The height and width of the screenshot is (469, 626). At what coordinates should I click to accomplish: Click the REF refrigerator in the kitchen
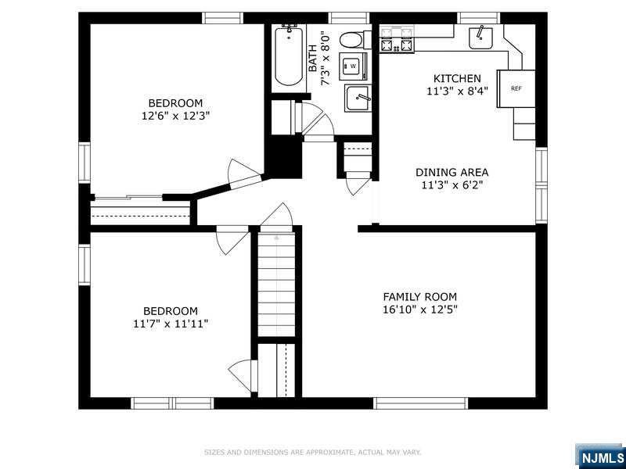tap(516, 88)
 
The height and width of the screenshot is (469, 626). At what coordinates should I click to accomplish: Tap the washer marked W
tap(353, 66)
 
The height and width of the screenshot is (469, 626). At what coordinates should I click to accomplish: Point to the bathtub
tap(289, 55)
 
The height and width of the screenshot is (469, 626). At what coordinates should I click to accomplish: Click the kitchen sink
tap(480, 38)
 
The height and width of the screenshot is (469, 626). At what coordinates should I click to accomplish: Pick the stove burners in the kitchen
tap(397, 40)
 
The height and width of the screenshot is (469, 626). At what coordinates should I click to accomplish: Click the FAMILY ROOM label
tap(419, 297)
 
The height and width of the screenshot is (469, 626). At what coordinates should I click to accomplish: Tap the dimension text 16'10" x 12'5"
tap(419, 310)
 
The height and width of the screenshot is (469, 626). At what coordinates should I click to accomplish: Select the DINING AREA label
tap(452, 173)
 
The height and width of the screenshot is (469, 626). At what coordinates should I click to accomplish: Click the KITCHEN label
tap(457, 79)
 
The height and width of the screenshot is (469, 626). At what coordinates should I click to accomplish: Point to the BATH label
tap(313, 58)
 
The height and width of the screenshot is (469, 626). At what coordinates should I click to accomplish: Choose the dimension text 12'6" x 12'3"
tap(175, 116)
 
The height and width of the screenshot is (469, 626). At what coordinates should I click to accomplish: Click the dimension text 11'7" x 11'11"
tap(171, 324)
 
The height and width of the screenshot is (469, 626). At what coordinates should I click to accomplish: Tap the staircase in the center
tap(276, 284)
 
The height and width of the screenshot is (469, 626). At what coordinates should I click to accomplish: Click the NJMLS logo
tap(600, 457)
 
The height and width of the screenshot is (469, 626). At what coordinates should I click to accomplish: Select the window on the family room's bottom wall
tap(420, 403)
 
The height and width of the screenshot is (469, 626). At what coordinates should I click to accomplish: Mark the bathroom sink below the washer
tap(358, 98)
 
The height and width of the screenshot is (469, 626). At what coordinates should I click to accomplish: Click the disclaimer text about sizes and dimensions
tap(312, 453)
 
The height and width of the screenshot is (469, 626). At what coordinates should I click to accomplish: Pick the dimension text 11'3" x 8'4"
tap(457, 91)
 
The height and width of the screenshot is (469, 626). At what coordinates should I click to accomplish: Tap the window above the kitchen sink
tap(478, 18)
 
